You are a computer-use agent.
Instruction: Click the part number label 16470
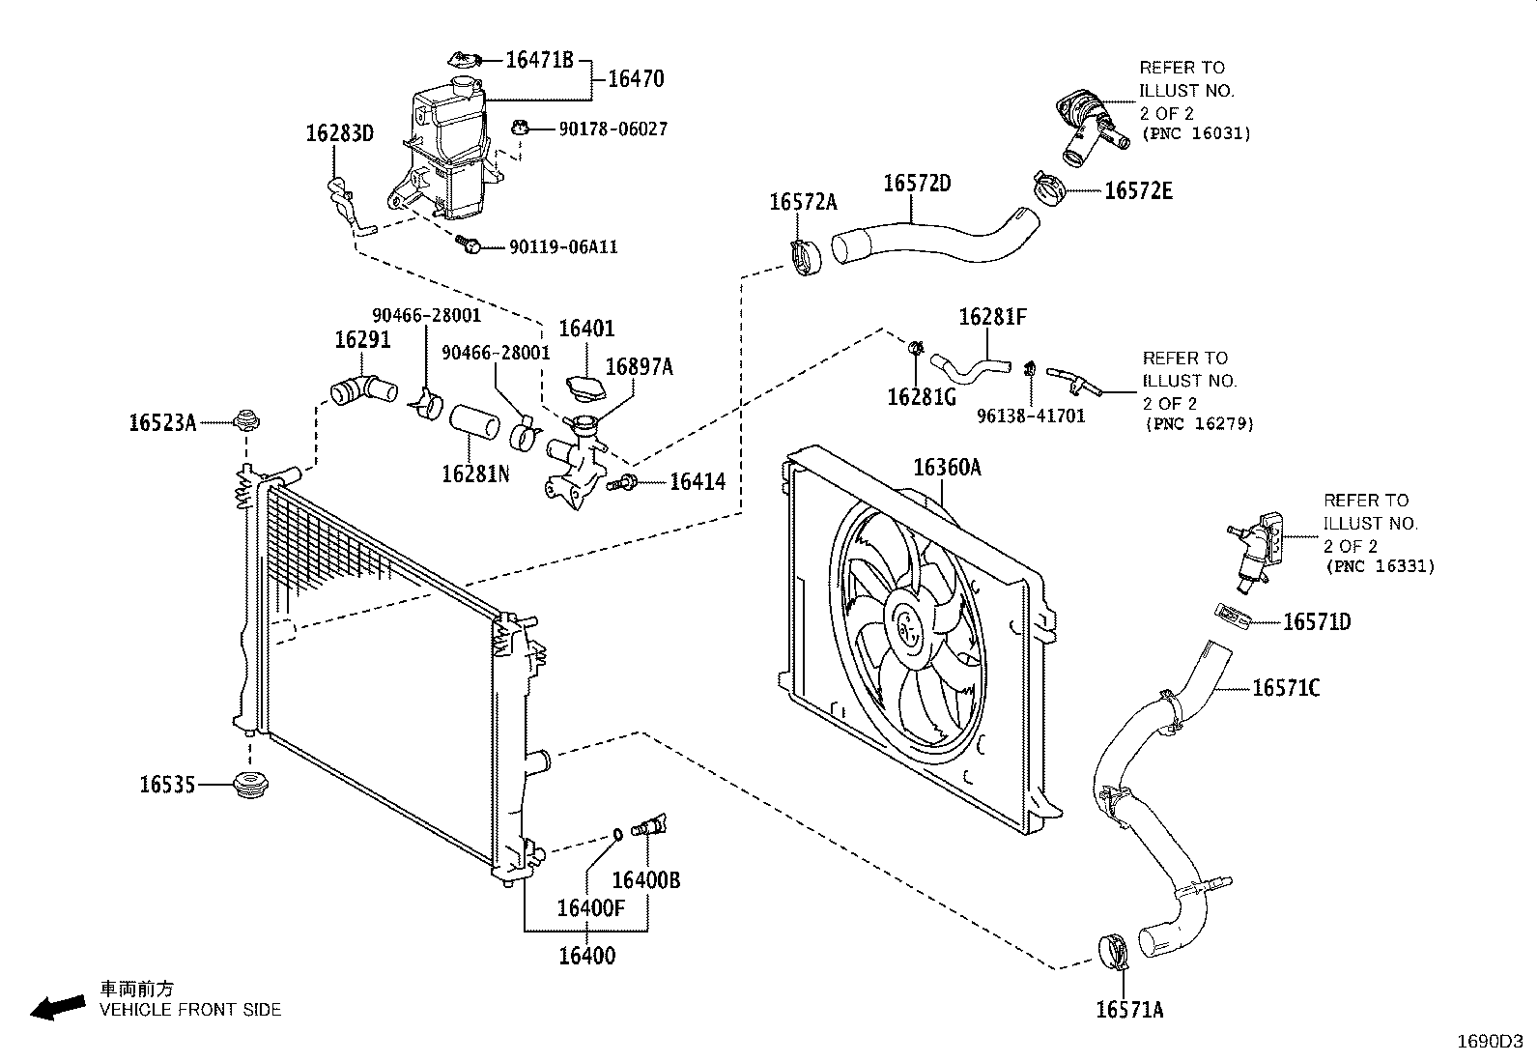coord(636,79)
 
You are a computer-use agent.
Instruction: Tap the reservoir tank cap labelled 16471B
coord(466,60)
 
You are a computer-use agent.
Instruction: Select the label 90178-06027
coord(612,129)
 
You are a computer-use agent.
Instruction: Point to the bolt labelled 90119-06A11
coord(469,244)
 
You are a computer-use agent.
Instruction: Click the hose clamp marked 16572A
coord(806,257)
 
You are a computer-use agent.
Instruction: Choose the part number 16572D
coord(917,184)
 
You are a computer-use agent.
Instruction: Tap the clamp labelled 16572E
coord(1048,188)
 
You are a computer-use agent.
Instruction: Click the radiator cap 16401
coord(586,388)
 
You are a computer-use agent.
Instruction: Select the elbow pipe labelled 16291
coord(363,390)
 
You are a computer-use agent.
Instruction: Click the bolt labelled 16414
coord(622,483)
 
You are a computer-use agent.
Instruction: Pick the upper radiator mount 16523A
coord(245,419)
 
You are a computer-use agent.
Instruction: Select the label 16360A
coord(947,468)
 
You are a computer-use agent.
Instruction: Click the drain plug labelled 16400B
coord(648,825)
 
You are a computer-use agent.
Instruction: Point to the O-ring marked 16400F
coord(617,835)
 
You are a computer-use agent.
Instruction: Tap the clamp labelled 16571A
coord(1113,952)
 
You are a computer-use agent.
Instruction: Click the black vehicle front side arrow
coord(58,1008)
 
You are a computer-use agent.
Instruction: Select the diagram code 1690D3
coord(1490,1042)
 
